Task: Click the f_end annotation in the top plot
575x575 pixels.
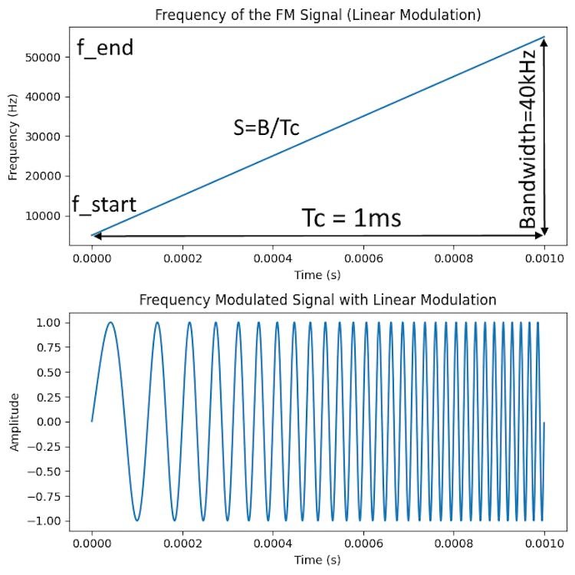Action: (105, 48)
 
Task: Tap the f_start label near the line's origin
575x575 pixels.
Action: (104, 205)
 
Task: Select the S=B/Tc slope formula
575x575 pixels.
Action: (266, 128)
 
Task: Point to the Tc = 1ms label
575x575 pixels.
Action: (351, 219)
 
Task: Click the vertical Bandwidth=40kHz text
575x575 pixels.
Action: (528, 136)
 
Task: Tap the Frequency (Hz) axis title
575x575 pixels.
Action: (12, 141)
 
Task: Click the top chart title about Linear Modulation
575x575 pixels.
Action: (318, 15)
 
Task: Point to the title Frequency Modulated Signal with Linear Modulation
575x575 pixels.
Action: (318, 299)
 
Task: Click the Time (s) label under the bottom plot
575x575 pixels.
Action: (318, 560)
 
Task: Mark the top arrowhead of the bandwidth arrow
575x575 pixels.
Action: (544, 41)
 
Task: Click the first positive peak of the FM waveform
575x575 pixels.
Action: (110, 323)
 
